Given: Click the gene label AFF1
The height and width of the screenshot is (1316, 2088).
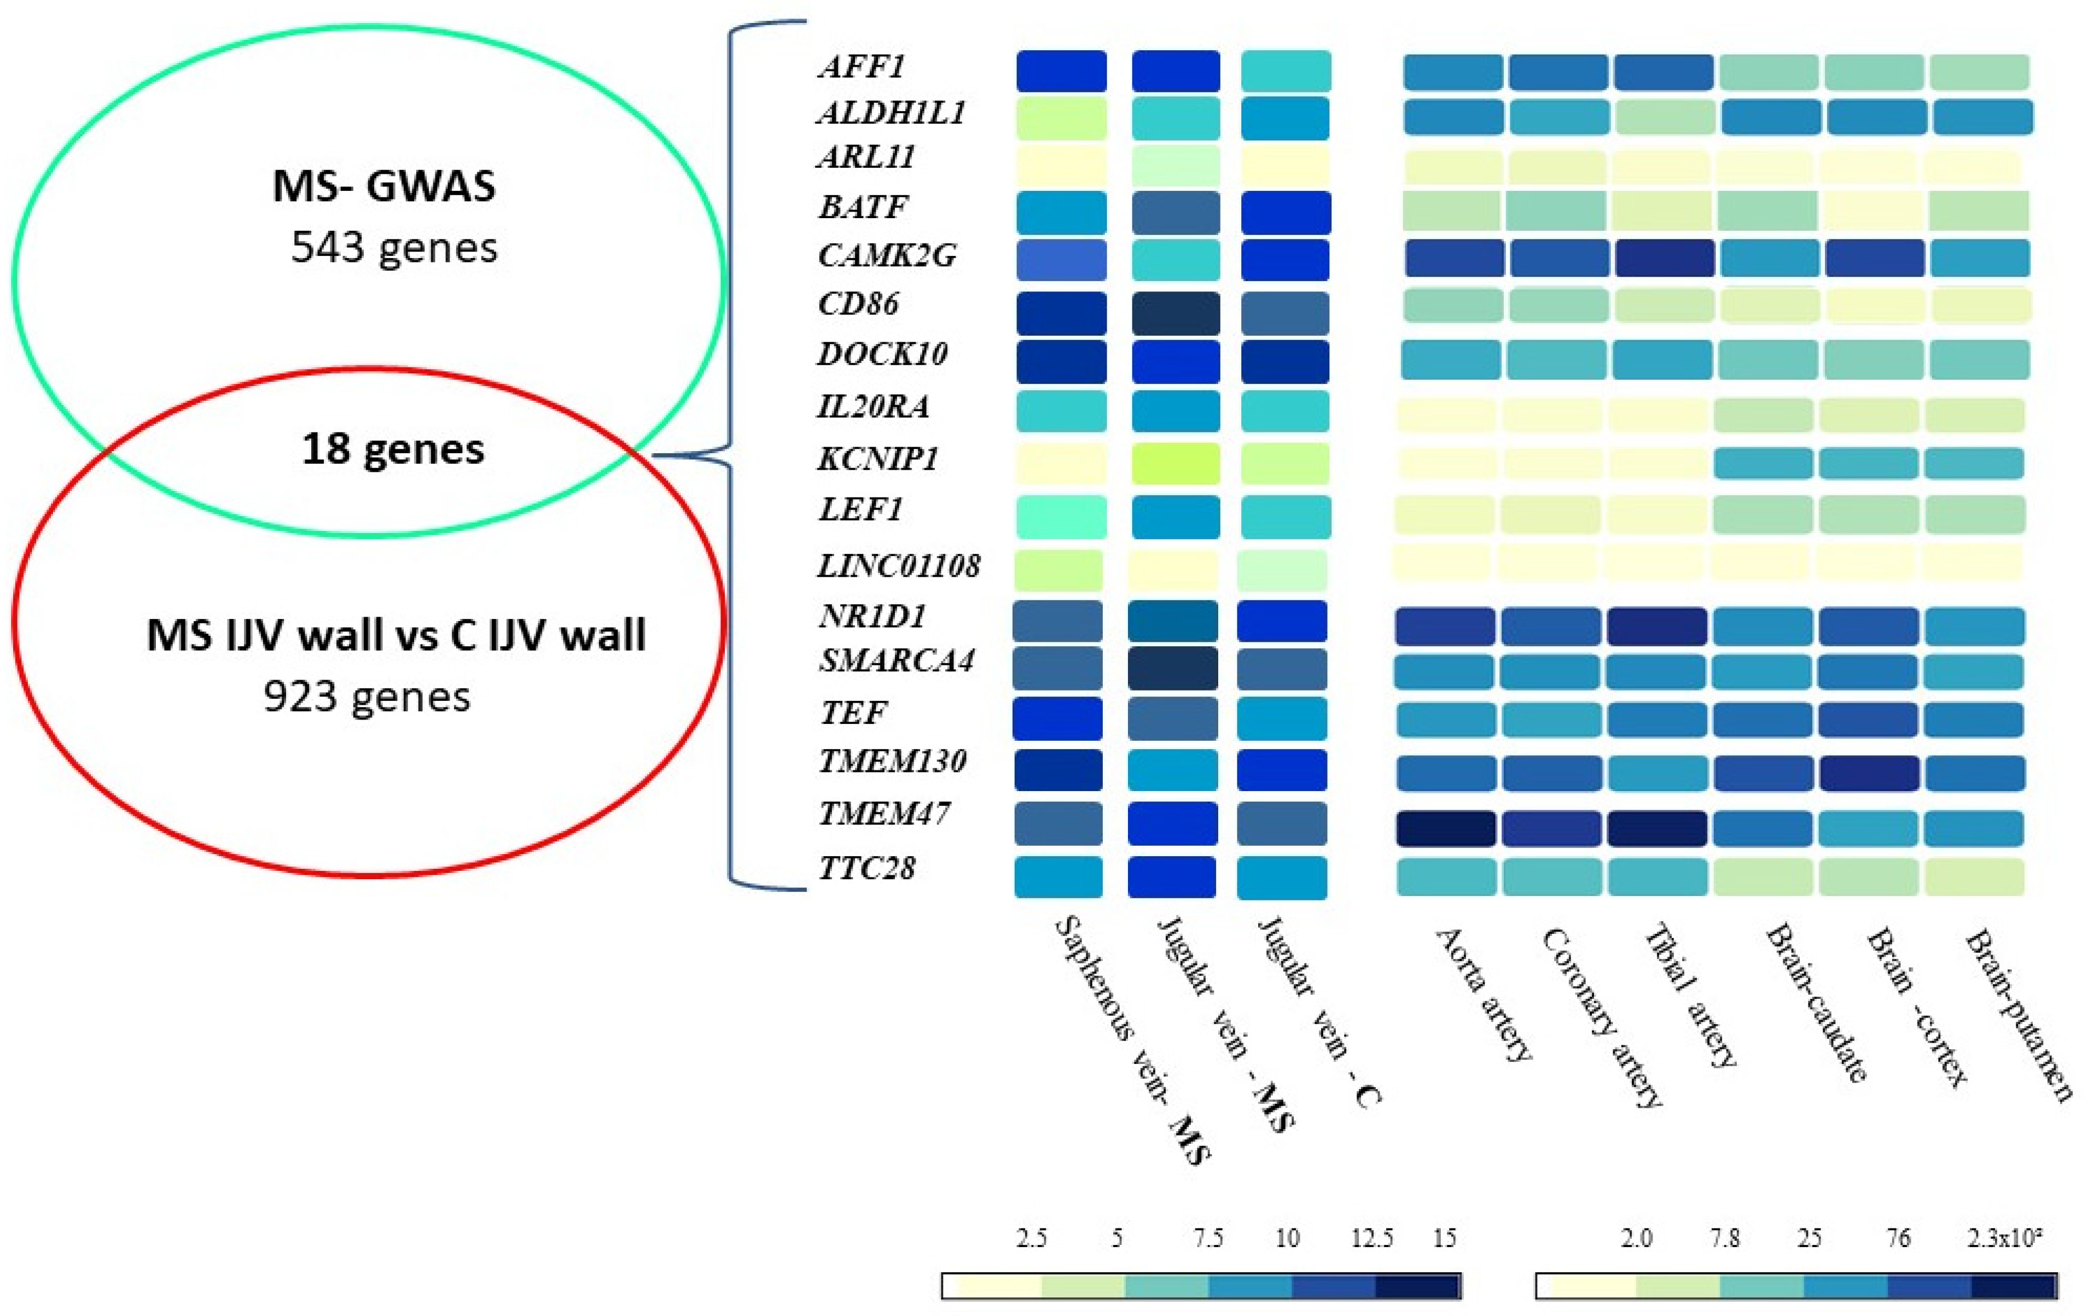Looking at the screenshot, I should pyautogui.click(x=861, y=67).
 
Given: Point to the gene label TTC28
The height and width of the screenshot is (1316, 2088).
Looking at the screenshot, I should pyautogui.click(x=867, y=868).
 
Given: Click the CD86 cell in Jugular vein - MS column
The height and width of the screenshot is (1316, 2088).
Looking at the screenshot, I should pyautogui.click(x=1175, y=313).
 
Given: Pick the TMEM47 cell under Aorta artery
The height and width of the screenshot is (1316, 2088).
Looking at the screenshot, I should pyautogui.click(x=1445, y=828).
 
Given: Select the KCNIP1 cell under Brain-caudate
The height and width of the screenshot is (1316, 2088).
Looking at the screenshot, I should pyautogui.click(x=1763, y=463).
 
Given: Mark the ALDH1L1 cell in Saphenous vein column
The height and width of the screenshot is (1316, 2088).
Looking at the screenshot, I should pyautogui.click(x=1061, y=118).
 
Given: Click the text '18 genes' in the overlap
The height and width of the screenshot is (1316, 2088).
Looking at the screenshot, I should pyautogui.click(x=393, y=449).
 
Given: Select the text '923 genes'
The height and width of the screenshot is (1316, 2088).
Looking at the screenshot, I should pyautogui.click(x=367, y=696).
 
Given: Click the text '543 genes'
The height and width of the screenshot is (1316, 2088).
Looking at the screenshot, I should pyautogui.click(x=394, y=248).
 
